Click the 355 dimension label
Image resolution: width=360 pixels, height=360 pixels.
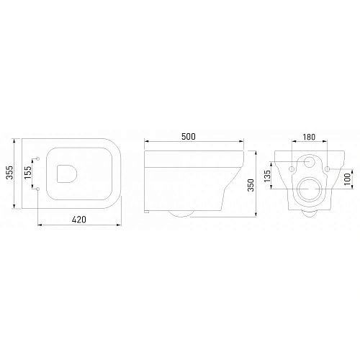[9, 175]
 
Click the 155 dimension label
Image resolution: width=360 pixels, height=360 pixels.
[28, 175]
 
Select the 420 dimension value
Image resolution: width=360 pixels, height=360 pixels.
[80, 220]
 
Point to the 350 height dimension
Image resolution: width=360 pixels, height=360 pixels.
[250, 185]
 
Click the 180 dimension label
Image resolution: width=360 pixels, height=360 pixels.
[310, 138]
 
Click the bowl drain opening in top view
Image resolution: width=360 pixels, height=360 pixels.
[66, 175]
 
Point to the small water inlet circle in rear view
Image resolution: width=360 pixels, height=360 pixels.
[310, 163]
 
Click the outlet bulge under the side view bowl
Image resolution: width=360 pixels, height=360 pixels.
[182, 213]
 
